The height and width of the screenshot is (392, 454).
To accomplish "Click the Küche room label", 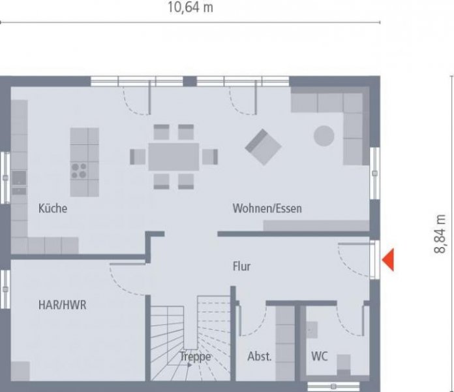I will click(x=53, y=209).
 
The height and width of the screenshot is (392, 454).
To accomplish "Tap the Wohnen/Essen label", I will click(x=267, y=209).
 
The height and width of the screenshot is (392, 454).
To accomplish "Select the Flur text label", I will click(x=241, y=267).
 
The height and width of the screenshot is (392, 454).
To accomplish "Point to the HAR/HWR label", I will click(x=63, y=304).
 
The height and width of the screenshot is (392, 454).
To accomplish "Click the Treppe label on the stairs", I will click(x=195, y=357).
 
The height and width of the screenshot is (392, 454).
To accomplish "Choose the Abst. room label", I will click(x=260, y=357).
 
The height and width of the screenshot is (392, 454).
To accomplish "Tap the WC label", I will click(x=320, y=357).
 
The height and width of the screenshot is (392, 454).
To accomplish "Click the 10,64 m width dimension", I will click(x=189, y=8).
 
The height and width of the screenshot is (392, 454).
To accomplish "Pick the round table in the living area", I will click(x=324, y=136).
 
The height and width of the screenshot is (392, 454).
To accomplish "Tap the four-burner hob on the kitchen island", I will click(x=80, y=171).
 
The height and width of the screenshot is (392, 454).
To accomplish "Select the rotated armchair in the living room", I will click(x=263, y=146).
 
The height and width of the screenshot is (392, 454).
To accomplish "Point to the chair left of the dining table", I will click(x=138, y=157).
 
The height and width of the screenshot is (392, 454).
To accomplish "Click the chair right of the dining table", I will click(x=209, y=157).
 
